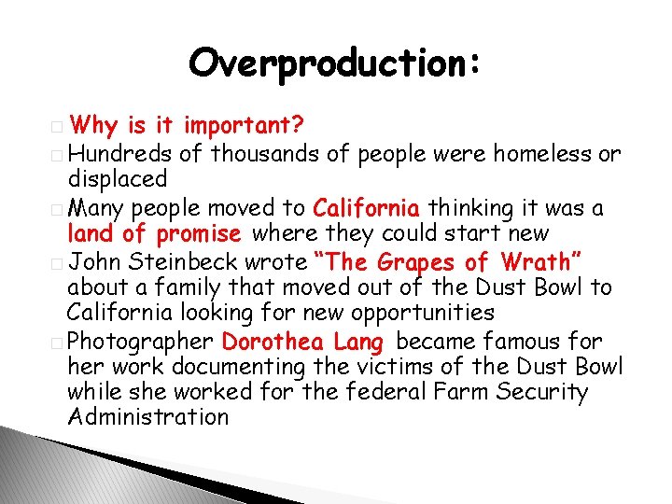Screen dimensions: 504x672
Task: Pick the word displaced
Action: pos(118,178)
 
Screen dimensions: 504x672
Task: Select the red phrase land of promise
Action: pos(154,232)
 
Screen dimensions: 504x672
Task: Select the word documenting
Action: pos(252,366)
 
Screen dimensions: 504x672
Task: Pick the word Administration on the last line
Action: pos(148,417)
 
